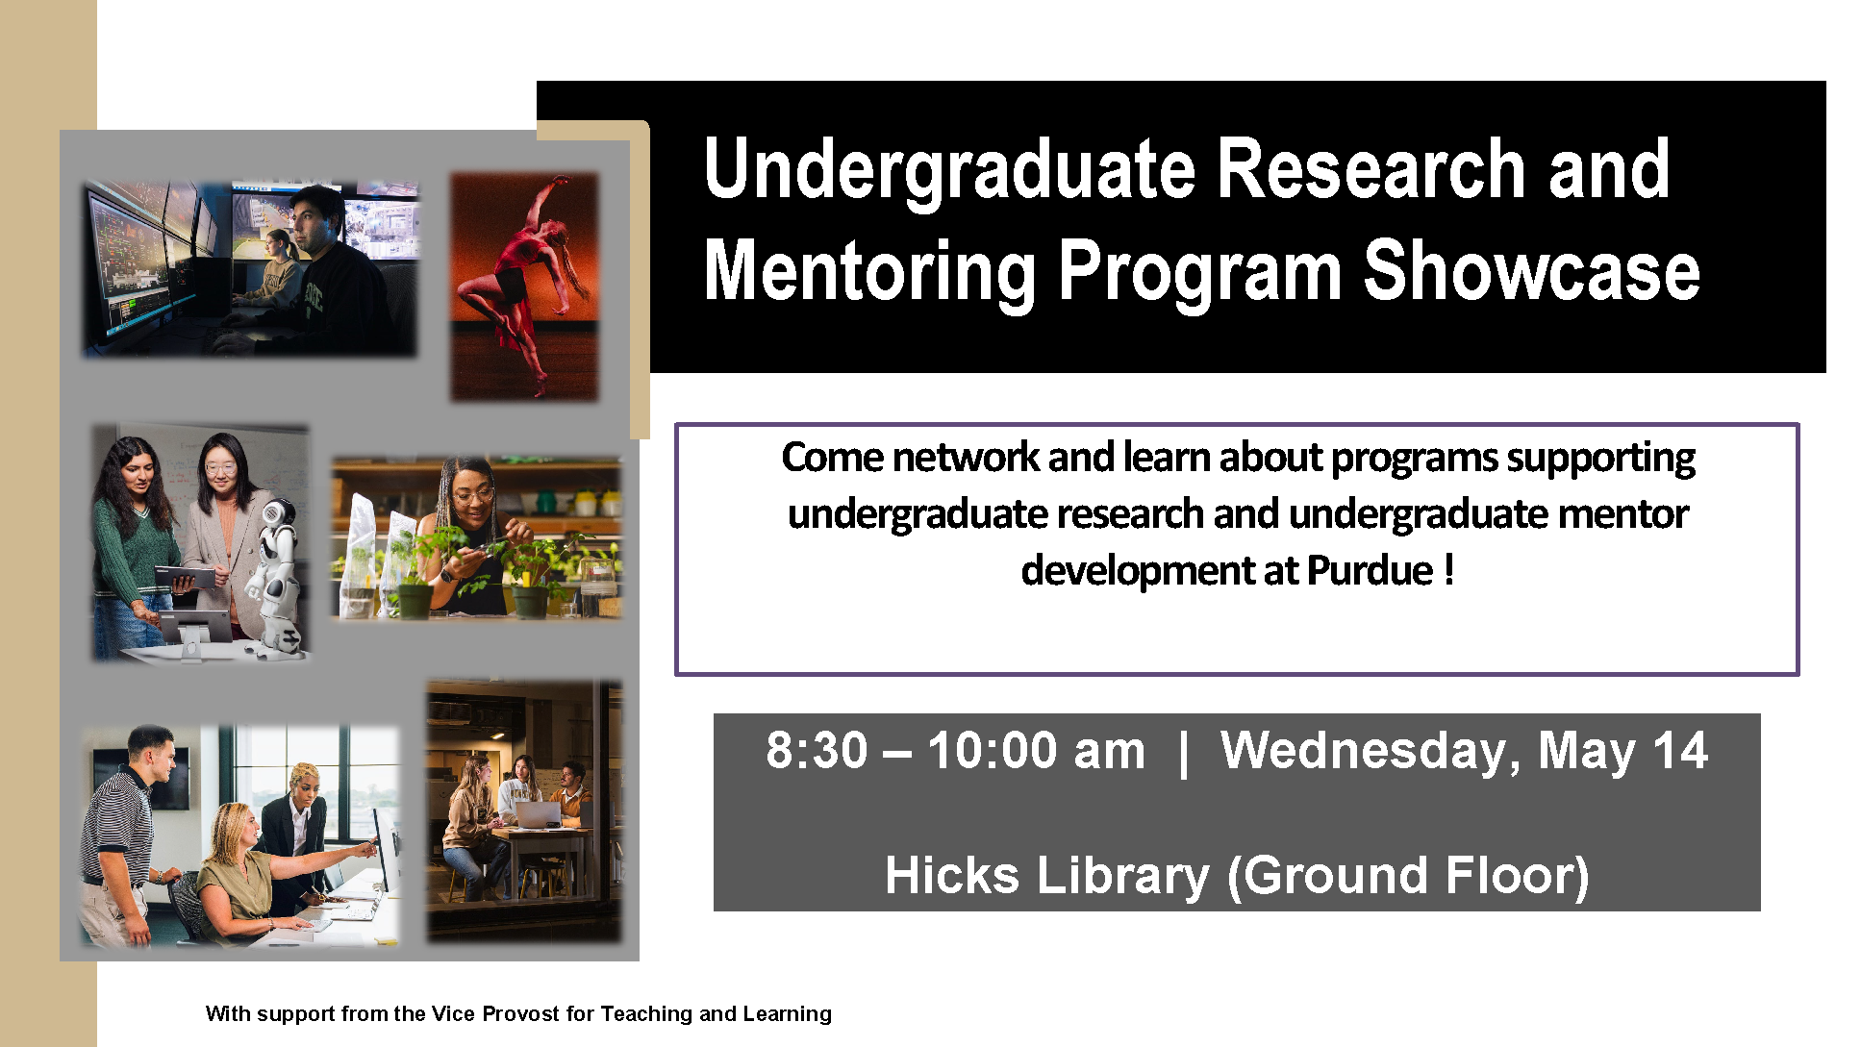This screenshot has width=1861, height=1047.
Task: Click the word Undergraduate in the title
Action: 949,171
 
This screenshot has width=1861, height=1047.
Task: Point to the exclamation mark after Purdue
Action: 1448,569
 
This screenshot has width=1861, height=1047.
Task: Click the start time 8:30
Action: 817,750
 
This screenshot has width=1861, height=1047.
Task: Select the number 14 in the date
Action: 1680,750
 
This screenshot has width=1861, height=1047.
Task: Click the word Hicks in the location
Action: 952,875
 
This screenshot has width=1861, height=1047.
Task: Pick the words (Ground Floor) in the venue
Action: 1408,877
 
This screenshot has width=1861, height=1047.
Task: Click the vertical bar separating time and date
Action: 1183,752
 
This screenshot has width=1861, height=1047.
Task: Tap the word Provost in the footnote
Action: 520,1013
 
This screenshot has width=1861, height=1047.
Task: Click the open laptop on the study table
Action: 538,815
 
